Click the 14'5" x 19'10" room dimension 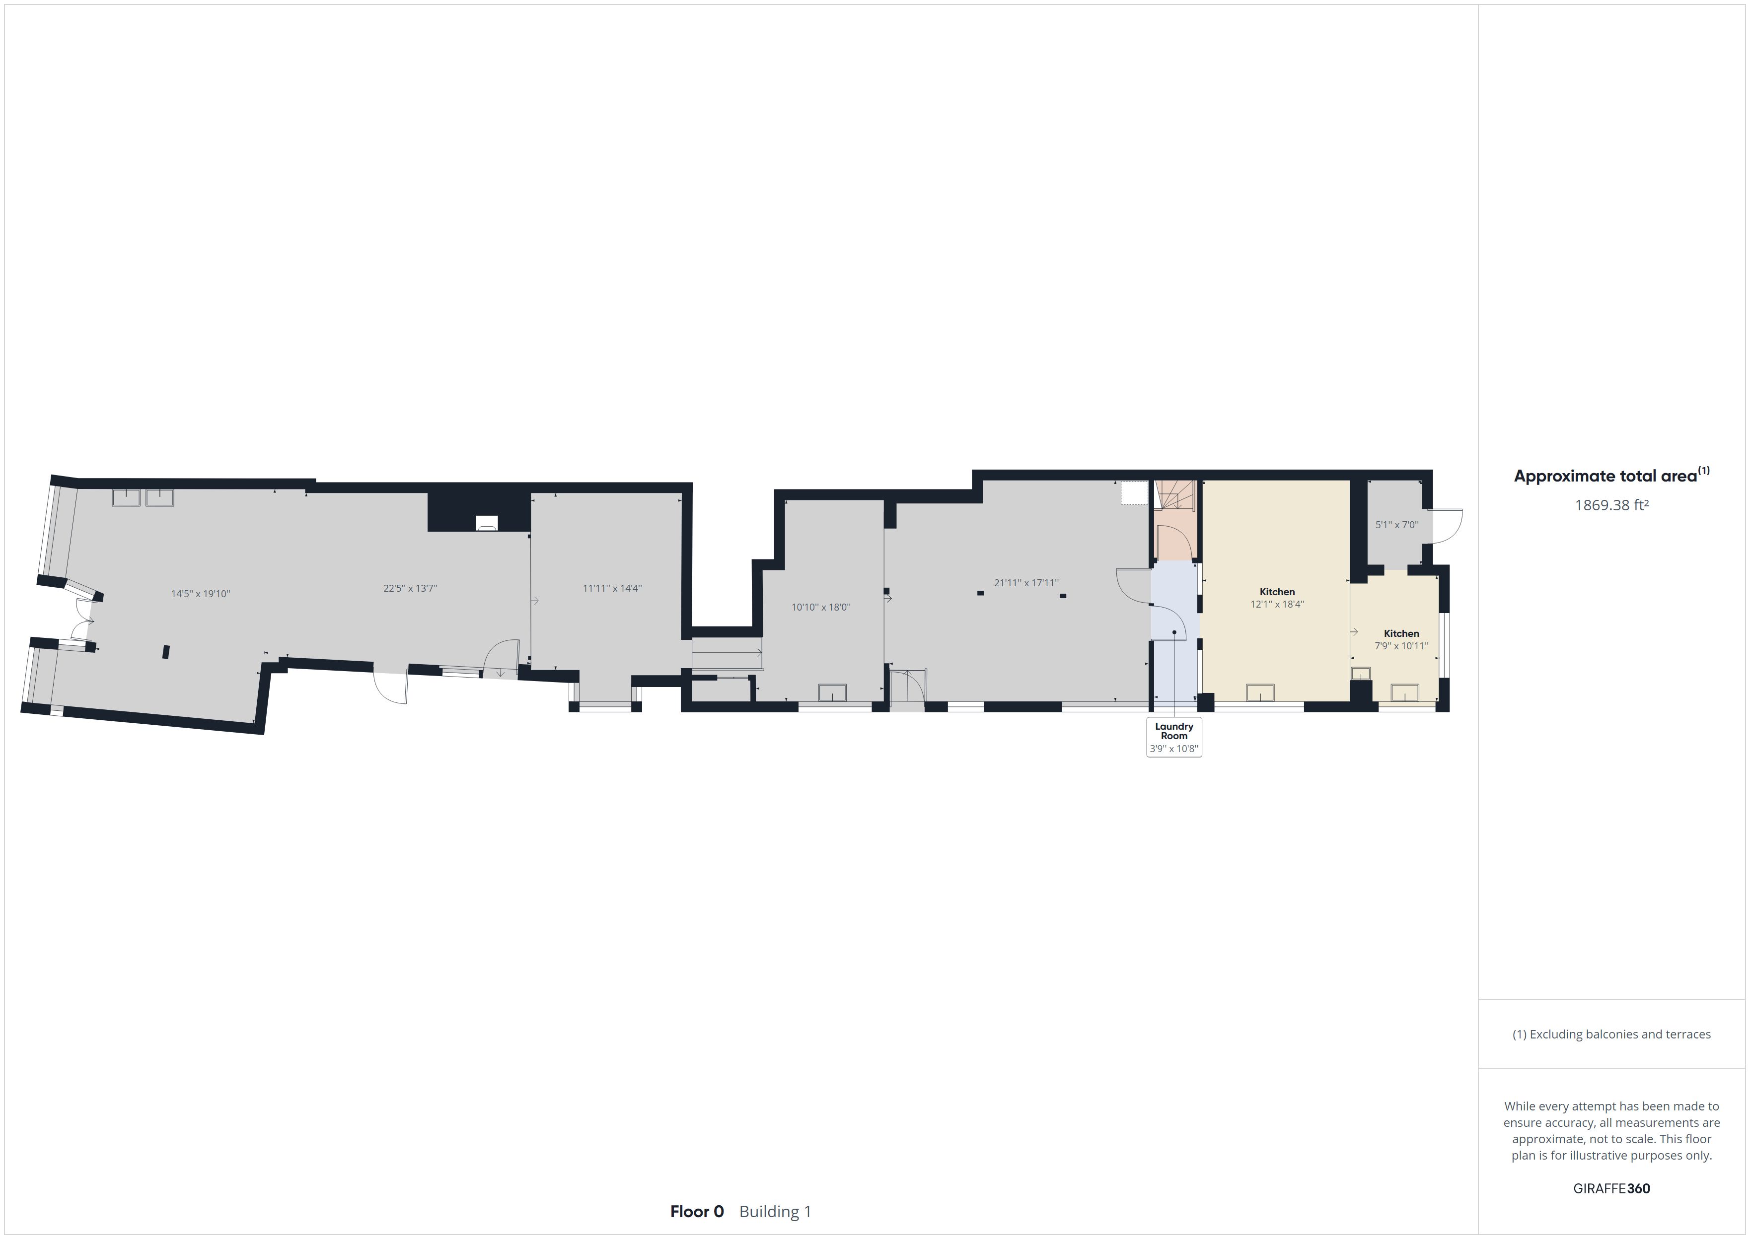200,594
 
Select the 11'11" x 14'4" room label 612,588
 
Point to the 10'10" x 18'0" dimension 820,607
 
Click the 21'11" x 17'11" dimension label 1026,583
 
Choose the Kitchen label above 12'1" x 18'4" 1277,591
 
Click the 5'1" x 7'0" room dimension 1396,525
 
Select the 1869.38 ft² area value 1611,505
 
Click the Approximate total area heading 1611,476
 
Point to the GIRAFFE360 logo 1611,1188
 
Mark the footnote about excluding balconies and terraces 1611,1034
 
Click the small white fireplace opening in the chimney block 487,523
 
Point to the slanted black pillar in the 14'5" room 165,652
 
